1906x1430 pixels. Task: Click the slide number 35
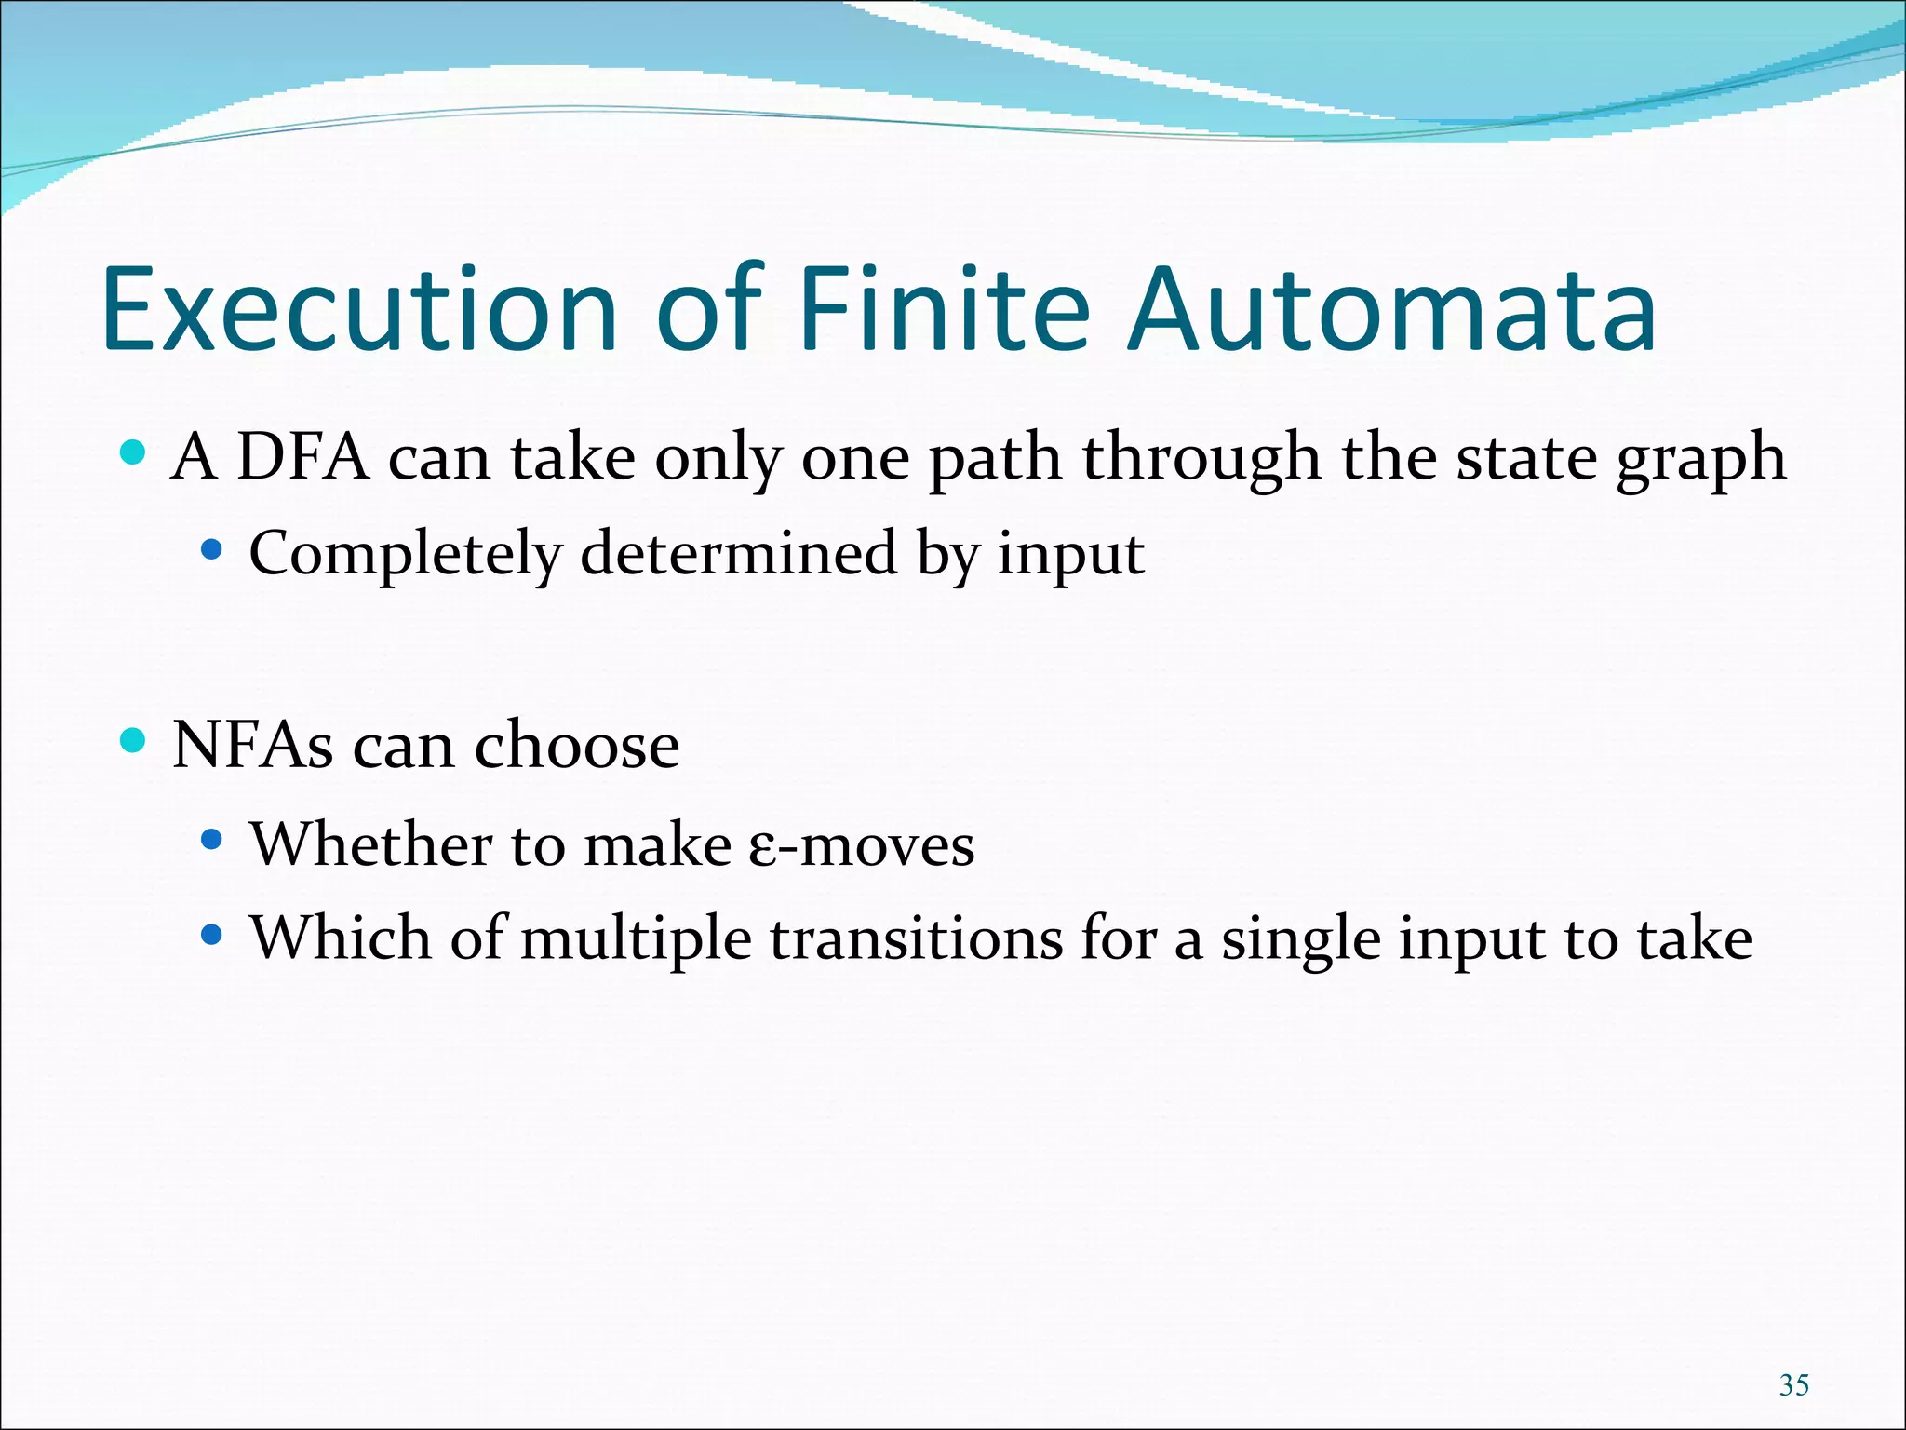click(x=1793, y=1385)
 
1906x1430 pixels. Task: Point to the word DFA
click(x=302, y=458)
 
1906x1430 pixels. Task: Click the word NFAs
click(x=252, y=746)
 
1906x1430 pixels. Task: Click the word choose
click(x=577, y=746)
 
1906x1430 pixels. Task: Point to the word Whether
click(x=371, y=844)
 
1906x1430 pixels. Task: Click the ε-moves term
click(x=862, y=846)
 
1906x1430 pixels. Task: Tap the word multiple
click(x=636, y=939)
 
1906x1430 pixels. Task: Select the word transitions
click(x=916, y=939)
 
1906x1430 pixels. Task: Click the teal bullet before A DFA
click(x=134, y=453)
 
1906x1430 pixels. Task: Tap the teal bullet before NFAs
click(x=134, y=741)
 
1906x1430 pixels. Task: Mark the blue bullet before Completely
click(x=212, y=551)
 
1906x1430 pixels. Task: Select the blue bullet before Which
click(x=212, y=934)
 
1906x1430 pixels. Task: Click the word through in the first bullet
click(x=1201, y=459)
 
